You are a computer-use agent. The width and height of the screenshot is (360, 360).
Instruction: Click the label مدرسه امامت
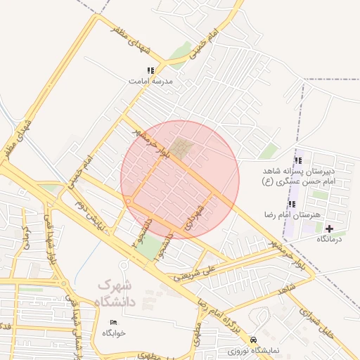click(150, 81)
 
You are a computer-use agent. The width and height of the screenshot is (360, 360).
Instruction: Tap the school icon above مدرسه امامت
click(150, 70)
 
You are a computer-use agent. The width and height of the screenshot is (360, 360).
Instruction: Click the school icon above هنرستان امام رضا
click(292, 204)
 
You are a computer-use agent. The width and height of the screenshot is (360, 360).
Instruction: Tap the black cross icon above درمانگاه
click(330, 229)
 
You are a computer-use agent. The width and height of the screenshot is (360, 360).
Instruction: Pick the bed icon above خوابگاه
click(113, 323)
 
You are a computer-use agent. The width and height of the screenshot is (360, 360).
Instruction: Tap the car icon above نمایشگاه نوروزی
click(264, 339)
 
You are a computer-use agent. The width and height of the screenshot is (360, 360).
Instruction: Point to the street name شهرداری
click(194, 217)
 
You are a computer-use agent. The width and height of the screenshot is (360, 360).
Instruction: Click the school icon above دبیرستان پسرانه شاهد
click(298, 161)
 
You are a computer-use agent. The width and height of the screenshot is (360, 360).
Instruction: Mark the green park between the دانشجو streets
click(148, 245)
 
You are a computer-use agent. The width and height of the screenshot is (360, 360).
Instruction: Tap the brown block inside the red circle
click(182, 148)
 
